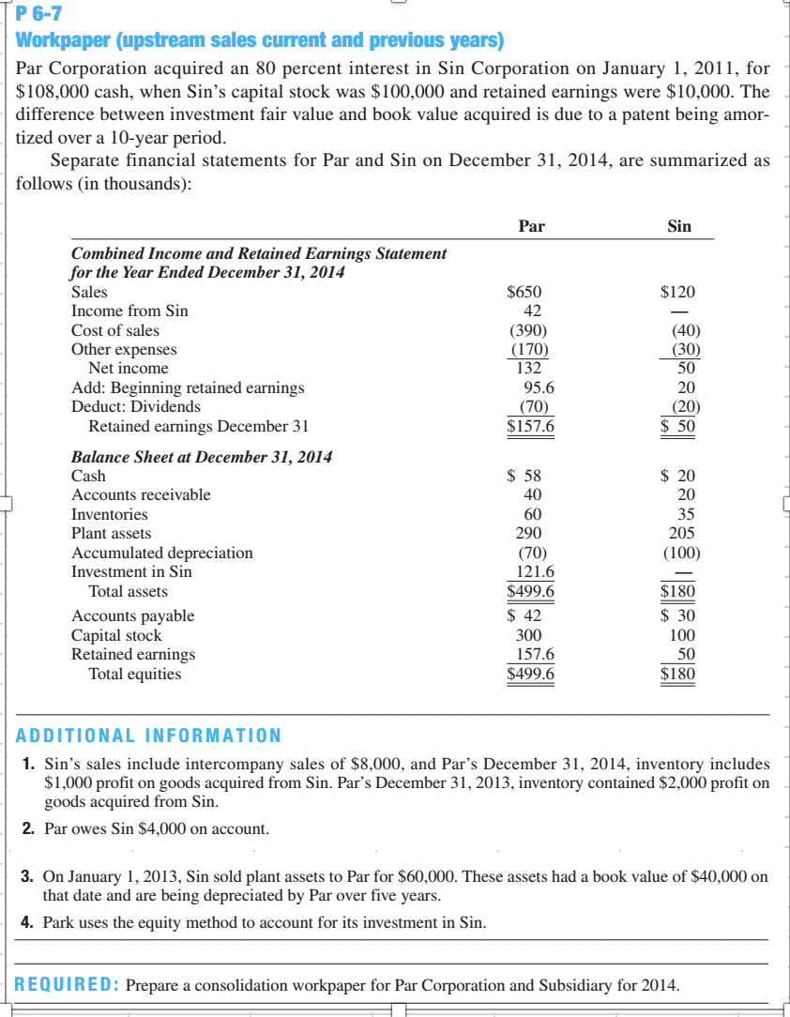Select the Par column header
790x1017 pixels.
tap(531, 226)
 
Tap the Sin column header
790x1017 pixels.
tap(678, 226)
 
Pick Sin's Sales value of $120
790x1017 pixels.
tap(677, 292)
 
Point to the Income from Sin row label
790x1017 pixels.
tap(129, 311)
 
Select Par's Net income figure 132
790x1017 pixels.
tap(531, 368)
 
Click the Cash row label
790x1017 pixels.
tap(89, 476)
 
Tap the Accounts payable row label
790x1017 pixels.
tap(133, 615)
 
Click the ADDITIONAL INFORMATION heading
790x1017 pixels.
tap(149, 735)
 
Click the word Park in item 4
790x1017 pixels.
tap(60, 923)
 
